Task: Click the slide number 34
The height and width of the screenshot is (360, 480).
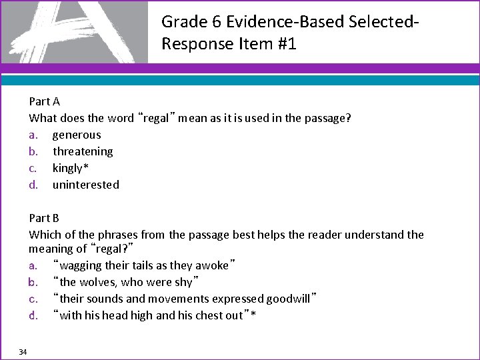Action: pyautogui.click(x=23, y=352)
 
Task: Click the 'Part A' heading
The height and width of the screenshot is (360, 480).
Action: pyautogui.click(x=45, y=101)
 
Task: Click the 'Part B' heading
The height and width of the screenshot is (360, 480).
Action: pyautogui.click(x=45, y=218)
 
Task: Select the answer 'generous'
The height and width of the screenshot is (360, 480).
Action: pyautogui.click(x=77, y=135)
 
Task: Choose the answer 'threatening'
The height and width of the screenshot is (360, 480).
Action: pyautogui.click(x=83, y=151)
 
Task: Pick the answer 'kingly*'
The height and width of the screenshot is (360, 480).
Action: pyautogui.click(x=71, y=168)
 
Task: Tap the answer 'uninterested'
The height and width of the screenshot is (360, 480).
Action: pyautogui.click(x=86, y=185)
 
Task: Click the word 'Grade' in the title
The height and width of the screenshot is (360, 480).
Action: pyautogui.click(x=185, y=22)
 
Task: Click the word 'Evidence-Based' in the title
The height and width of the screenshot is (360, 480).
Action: pyautogui.click(x=273, y=22)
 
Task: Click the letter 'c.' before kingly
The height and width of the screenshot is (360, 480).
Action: pyautogui.click(x=33, y=168)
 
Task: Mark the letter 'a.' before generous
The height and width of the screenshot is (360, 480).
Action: pyautogui.click(x=33, y=135)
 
